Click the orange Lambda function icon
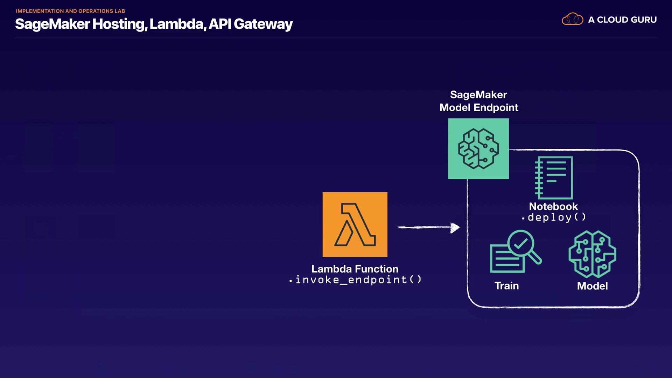(355, 224)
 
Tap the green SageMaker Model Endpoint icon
(478, 149)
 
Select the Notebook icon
(554, 178)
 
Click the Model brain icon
(592, 254)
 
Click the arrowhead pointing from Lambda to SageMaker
(455, 228)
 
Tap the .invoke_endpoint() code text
(356, 280)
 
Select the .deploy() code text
(554, 217)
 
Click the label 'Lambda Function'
(355, 269)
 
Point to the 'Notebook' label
(553, 206)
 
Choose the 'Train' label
(506, 286)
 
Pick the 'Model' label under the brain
(592, 286)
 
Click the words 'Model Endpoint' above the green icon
(479, 107)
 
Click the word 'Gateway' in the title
(263, 24)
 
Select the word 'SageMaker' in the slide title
(52, 24)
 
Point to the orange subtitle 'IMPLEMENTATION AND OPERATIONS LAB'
(70, 11)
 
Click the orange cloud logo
(572, 19)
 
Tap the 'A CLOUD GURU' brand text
(622, 20)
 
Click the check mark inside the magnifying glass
(521, 244)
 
